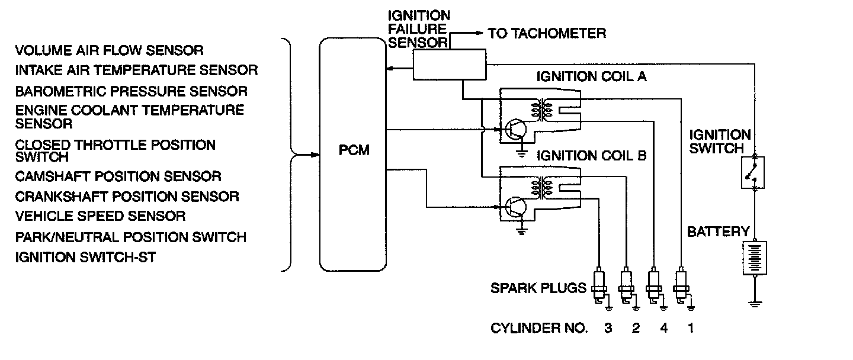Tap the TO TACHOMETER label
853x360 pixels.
click(x=547, y=33)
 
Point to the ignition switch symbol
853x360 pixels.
click(x=753, y=173)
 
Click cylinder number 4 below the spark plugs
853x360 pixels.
click(x=663, y=328)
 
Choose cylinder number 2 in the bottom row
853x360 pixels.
click(x=636, y=328)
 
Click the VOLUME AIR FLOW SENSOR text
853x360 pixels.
click(x=110, y=50)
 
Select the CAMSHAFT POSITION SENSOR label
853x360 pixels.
click(x=118, y=176)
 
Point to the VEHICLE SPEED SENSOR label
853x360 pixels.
click(x=101, y=216)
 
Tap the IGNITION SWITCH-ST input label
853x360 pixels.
click(x=86, y=257)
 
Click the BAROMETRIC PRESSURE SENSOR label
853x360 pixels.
click(x=132, y=91)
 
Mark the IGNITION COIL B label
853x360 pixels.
click(x=592, y=156)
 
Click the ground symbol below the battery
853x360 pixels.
click(x=754, y=303)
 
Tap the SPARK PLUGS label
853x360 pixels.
click(x=538, y=288)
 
